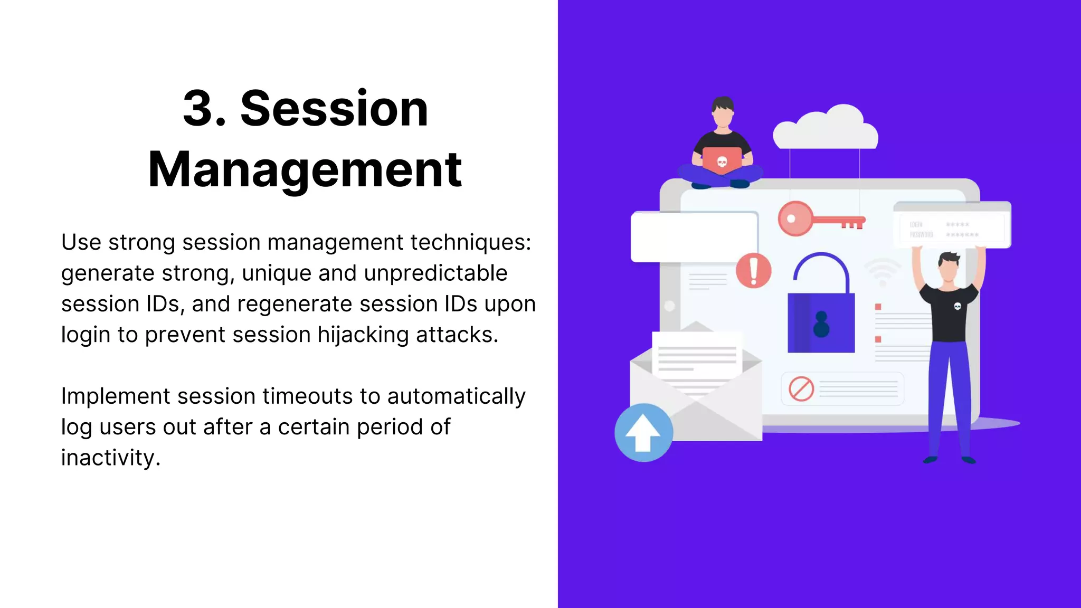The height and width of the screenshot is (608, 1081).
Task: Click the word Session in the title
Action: [334, 109]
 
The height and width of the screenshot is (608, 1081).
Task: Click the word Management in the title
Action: [305, 170]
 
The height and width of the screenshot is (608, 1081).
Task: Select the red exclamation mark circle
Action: [754, 270]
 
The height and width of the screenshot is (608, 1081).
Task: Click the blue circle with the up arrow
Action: [643, 433]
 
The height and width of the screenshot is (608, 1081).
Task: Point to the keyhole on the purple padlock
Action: [821, 324]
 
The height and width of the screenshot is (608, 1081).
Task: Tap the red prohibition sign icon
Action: [801, 389]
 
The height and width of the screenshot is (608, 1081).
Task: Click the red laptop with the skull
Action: [722, 160]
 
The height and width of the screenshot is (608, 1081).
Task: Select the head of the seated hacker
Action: [723, 112]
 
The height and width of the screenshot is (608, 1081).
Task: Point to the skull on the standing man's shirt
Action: [957, 306]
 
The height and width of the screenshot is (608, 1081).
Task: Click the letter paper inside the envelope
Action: [697, 362]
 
